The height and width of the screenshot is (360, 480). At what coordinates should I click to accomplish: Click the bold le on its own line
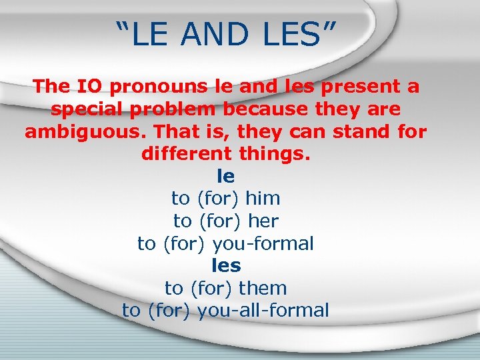(x=226, y=176)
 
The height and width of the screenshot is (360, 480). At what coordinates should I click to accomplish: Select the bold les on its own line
(x=226, y=265)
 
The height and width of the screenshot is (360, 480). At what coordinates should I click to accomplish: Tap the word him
(x=263, y=198)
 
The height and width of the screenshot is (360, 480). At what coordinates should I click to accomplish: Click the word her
(x=262, y=221)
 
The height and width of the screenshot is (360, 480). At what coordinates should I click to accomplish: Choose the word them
(x=263, y=288)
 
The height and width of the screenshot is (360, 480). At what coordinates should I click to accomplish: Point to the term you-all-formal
(x=263, y=311)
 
